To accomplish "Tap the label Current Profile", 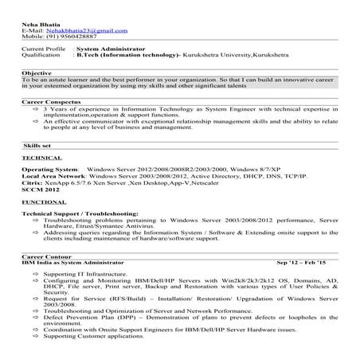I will tap(43, 49).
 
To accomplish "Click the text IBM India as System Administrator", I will tap(72, 261).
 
